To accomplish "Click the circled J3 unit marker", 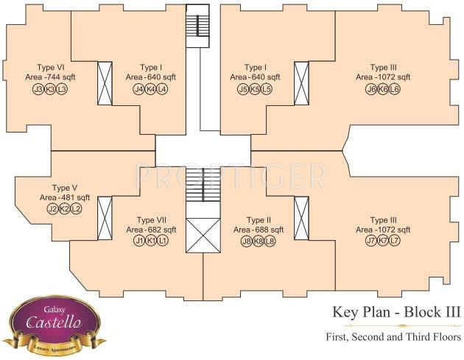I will [38, 89].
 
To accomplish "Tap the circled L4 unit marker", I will [163, 89].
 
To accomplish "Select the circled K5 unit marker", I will [255, 89].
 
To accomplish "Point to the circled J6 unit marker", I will [371, 89].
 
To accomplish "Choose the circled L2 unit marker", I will [77, 209].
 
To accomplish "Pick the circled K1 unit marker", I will [151, 241].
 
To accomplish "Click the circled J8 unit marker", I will [247, 241].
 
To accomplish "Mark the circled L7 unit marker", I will [395, 241].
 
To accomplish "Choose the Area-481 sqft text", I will [65, 198].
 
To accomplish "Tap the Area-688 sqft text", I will [259, 230].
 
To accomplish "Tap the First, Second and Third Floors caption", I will [393, 338].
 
